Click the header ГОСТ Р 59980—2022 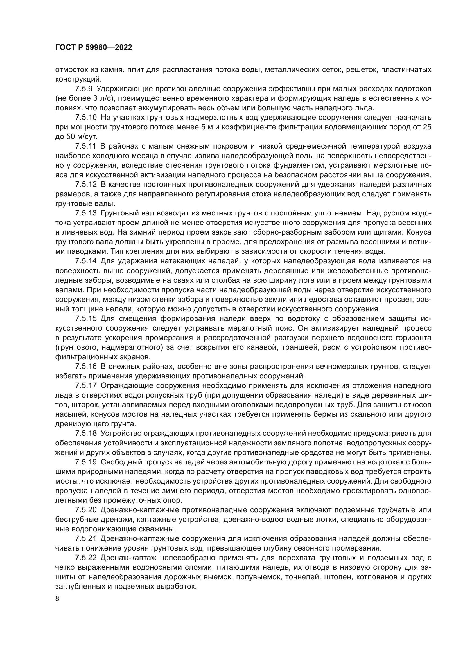(x=94, y=48)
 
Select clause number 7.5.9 (x=84, y=89)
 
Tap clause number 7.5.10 (x=86, y=118)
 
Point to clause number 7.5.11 (x=86, y=147)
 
